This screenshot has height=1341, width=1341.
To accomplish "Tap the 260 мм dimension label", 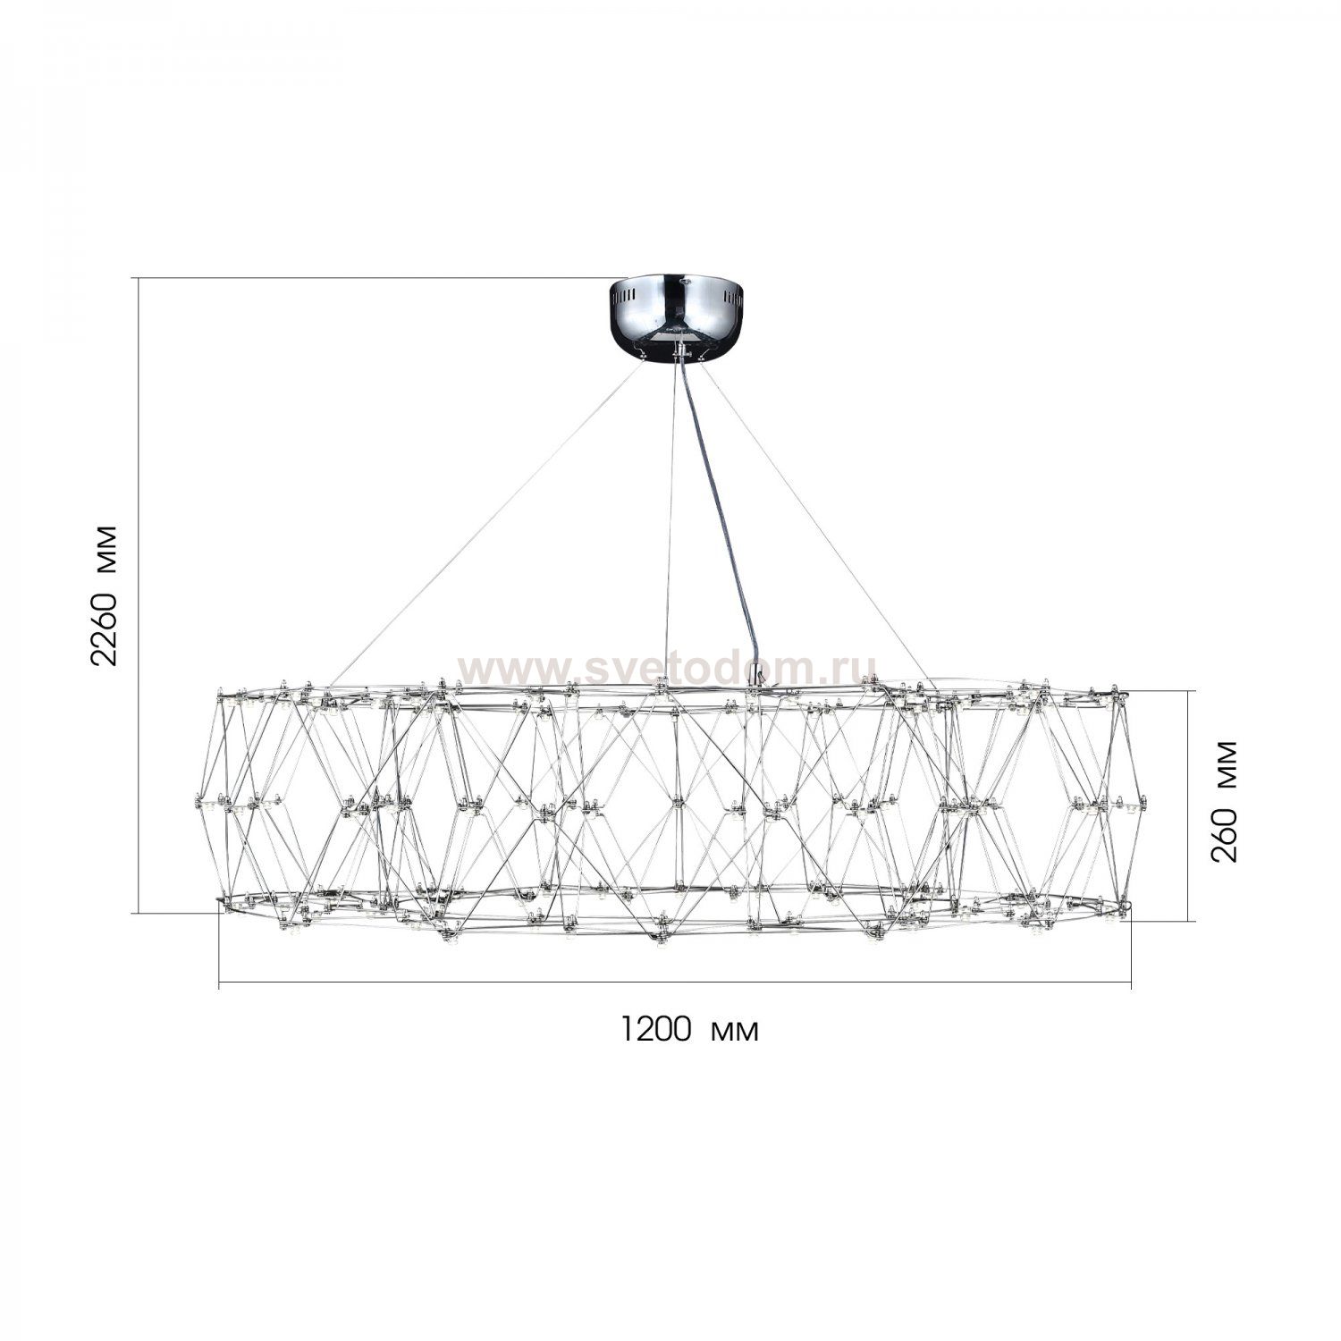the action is (1225, 800).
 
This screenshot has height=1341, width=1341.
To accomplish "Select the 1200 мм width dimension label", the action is (690, 1030).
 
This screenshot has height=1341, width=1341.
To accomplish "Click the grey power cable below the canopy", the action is (718, 519).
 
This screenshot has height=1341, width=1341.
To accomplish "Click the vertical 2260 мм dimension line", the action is (138, 595).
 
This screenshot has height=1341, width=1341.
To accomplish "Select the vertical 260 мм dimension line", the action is (1189, 805).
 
